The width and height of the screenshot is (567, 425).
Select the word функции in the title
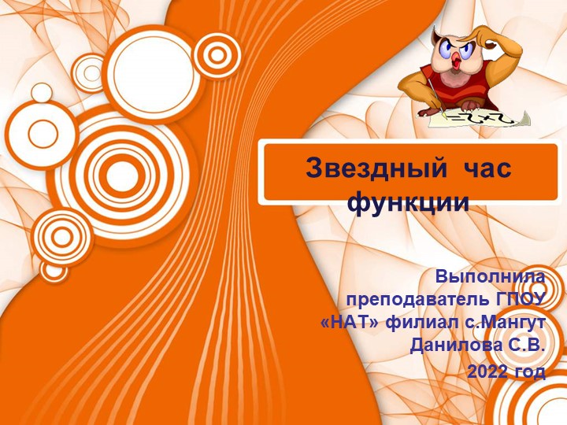pyautogui.click(x=409, y=201)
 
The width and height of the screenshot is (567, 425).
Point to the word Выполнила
pyautogui.click(x=491, y=277)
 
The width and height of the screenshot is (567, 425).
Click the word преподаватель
pyautogui.click(x=418, y=300)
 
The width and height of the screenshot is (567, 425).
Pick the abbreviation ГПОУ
pyautogui.click(x=521, y=300)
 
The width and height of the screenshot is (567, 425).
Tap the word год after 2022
pyautogui.click(x=530, y=371)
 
